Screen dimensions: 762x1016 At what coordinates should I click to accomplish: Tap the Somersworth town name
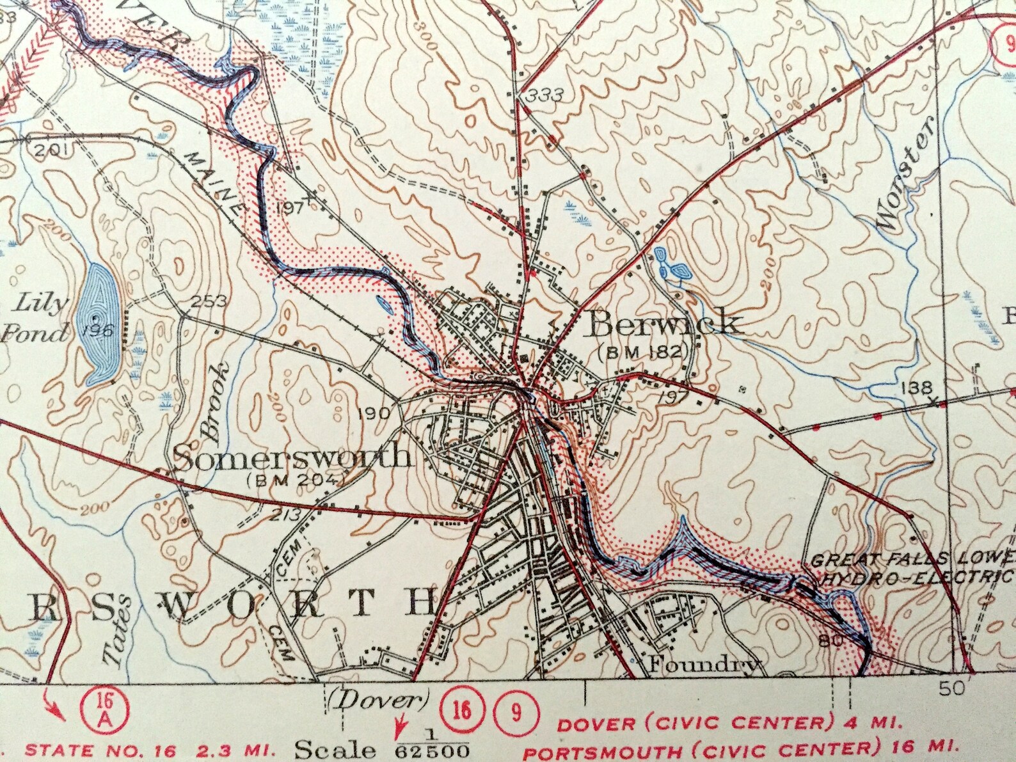coord(292,457)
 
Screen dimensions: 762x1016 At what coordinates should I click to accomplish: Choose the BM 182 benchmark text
coord(644,351)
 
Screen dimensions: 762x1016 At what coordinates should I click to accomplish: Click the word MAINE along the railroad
coord(213,183)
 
